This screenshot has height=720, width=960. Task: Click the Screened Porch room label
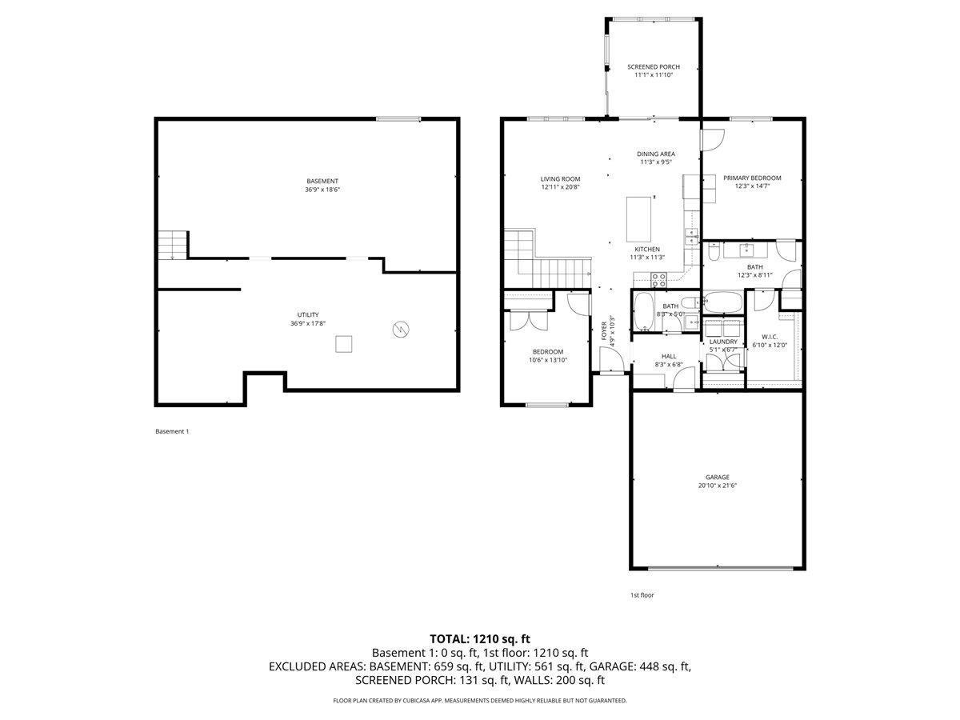point(654,67)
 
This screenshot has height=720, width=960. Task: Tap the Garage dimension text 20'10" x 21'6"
point(718,486)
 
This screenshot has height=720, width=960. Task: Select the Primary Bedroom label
point(752,178)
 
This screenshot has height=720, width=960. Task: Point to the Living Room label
point(560,178)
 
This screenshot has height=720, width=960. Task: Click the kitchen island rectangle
point(638,219)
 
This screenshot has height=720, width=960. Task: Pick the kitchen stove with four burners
point(658,280)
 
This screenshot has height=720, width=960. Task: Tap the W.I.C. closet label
point(770,337)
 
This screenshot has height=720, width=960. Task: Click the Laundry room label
point(723,342)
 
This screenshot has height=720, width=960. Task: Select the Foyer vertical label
point(604,331)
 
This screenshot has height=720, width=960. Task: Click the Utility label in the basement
point(308,314)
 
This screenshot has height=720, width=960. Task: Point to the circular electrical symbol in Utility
point(401,329)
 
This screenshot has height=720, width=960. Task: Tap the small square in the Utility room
point(343,344)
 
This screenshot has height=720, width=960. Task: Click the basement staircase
point(173,246)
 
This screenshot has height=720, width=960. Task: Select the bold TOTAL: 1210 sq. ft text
point(480,639)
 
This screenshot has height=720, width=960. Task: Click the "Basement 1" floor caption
point(172,431)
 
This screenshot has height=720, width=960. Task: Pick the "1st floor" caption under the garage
point(642,595)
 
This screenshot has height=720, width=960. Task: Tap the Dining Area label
point(655,154)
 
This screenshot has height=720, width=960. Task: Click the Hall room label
point(669,356)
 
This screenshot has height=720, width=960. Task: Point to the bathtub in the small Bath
point(643,312)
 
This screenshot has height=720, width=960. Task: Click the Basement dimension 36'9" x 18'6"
point(322,190)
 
